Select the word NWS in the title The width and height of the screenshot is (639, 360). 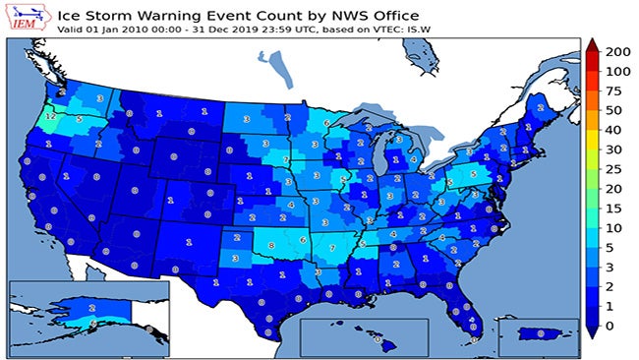point(278,15)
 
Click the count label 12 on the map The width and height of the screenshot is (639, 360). point(49,116)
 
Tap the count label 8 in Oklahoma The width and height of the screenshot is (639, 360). point(271,245)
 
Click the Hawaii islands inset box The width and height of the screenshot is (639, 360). point(364,337)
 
